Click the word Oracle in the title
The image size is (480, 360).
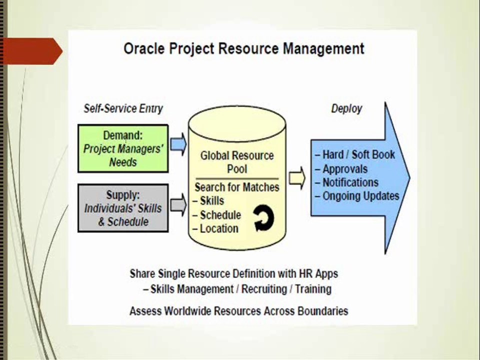(144, 48)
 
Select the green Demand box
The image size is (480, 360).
(123, 148)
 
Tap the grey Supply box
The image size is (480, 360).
(123, 208)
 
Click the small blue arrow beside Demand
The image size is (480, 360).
(178, 144)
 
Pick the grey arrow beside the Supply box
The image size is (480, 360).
(178, 204)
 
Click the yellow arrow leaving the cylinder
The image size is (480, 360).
(297, 178)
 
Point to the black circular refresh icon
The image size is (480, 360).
(263, 217)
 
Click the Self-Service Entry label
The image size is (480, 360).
(123, 108)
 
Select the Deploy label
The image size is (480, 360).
(346, 108)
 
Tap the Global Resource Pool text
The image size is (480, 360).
(237, 162)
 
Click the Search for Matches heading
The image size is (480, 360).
(237, 187)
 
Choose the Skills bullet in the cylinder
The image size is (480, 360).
(208, 201)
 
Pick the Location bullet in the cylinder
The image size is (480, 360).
(215, 228)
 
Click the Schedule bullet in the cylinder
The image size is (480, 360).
(216, 215)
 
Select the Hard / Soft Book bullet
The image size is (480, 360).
(355, 154)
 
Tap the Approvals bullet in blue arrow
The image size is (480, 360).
(341, 169)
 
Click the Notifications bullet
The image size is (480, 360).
(347, 182)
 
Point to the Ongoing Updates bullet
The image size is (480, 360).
(357, 196)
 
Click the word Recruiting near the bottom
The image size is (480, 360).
(264, 289)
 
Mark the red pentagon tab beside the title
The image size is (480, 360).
(31, 51)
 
